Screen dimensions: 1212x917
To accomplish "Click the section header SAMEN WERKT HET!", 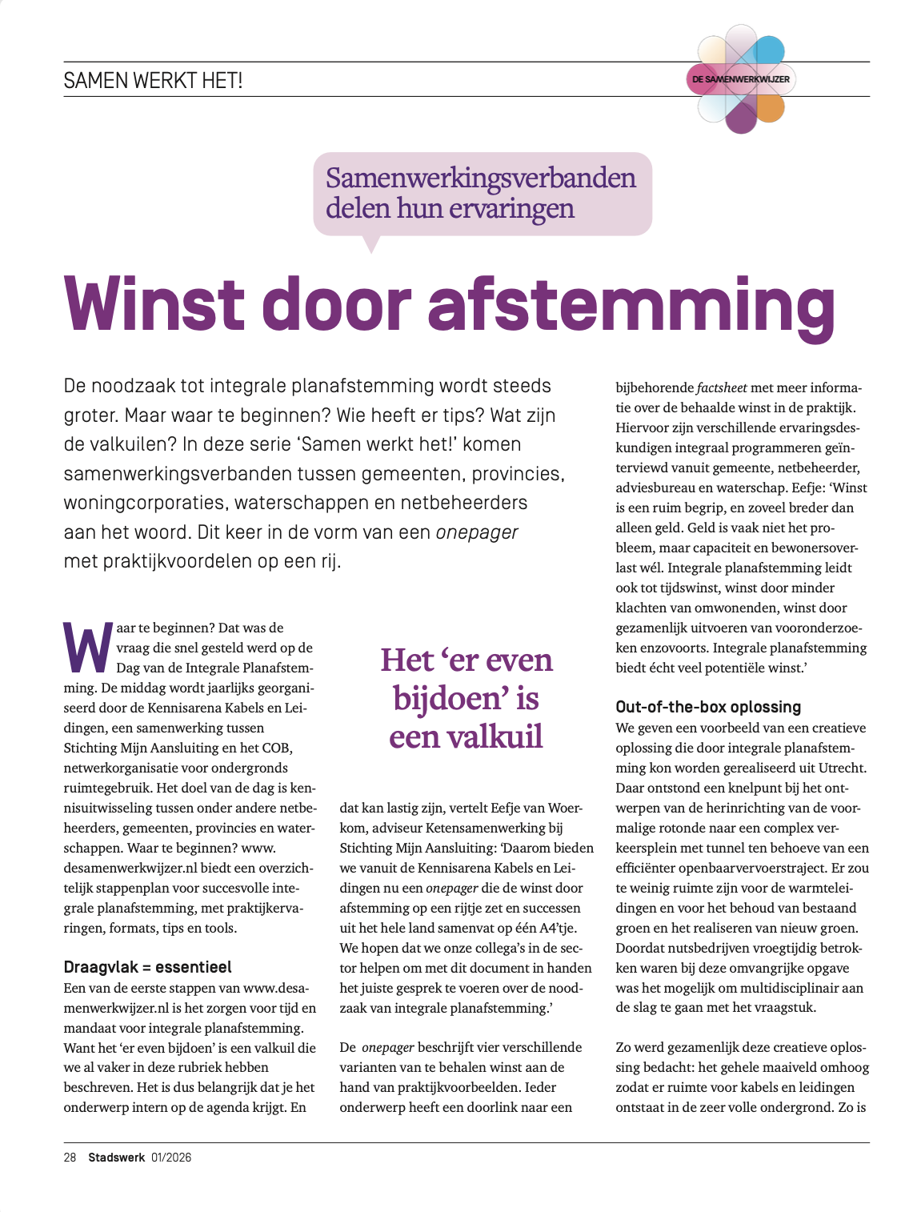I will pyautogui.click(x=153, y=80).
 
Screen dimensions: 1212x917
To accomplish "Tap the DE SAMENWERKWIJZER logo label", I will pyautogui.click(x=741, y=79).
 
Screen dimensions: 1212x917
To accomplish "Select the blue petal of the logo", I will pyautogui.click(x=768, y=50).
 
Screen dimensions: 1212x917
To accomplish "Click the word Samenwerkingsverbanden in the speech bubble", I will pyautogui.click(x=481, y=178).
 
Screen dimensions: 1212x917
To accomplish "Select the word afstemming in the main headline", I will pyautogui.click(x=632, y=307).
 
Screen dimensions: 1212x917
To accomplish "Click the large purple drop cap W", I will pyautogui.click(x=86, y=647).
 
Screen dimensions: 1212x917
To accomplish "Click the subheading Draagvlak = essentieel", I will pyautogui.click(x=147, y=967).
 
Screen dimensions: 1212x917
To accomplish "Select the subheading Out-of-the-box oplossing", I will pyautogui.click(x=708, y=707).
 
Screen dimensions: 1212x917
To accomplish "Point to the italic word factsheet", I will pyautogui.click(x=722, y=387).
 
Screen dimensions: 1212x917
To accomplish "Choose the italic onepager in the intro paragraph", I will pyautogui.click(x=477, y=532).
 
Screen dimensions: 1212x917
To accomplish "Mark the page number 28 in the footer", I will pyautogui.click(x=70, y=1158).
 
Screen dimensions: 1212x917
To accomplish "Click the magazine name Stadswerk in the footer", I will pyautogui.click(x=117, y=1158).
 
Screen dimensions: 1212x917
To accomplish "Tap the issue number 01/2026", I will pyautogui.click(x=171, y=1158).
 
